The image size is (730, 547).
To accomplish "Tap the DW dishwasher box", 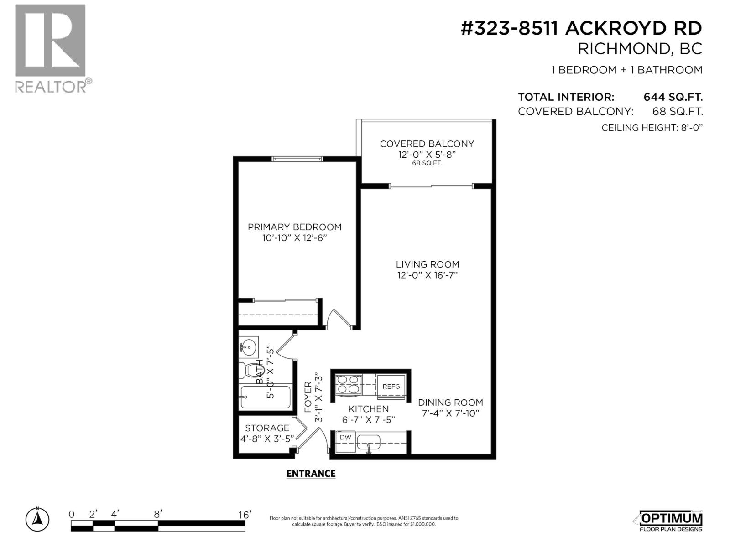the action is click(x=345, y=442).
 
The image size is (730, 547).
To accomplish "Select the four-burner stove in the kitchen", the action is click(x=349, y=385).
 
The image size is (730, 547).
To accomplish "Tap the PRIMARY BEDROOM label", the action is click(x=294, y=227).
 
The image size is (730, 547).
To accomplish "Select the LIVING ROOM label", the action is click(x=428, y=264).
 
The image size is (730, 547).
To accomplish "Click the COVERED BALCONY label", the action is click(x=427, y=144).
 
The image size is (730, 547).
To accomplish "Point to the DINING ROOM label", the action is click(x=450, y=402).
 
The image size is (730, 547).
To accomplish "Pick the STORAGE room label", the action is click(x=267, y=428).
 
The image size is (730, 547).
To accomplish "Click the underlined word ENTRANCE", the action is click(x=311, y=474).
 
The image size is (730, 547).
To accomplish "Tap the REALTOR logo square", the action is click(x=50, y=41).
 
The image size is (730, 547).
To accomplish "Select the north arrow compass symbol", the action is click(x=37, y=519).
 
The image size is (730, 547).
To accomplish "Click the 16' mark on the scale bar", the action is click(x=245, y=515).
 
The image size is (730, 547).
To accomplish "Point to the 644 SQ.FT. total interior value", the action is click(x=673, y=97).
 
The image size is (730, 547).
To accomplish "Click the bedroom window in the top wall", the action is click(x=297, y=159).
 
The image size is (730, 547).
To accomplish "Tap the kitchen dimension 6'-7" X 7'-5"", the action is click(x=368, y=419).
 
